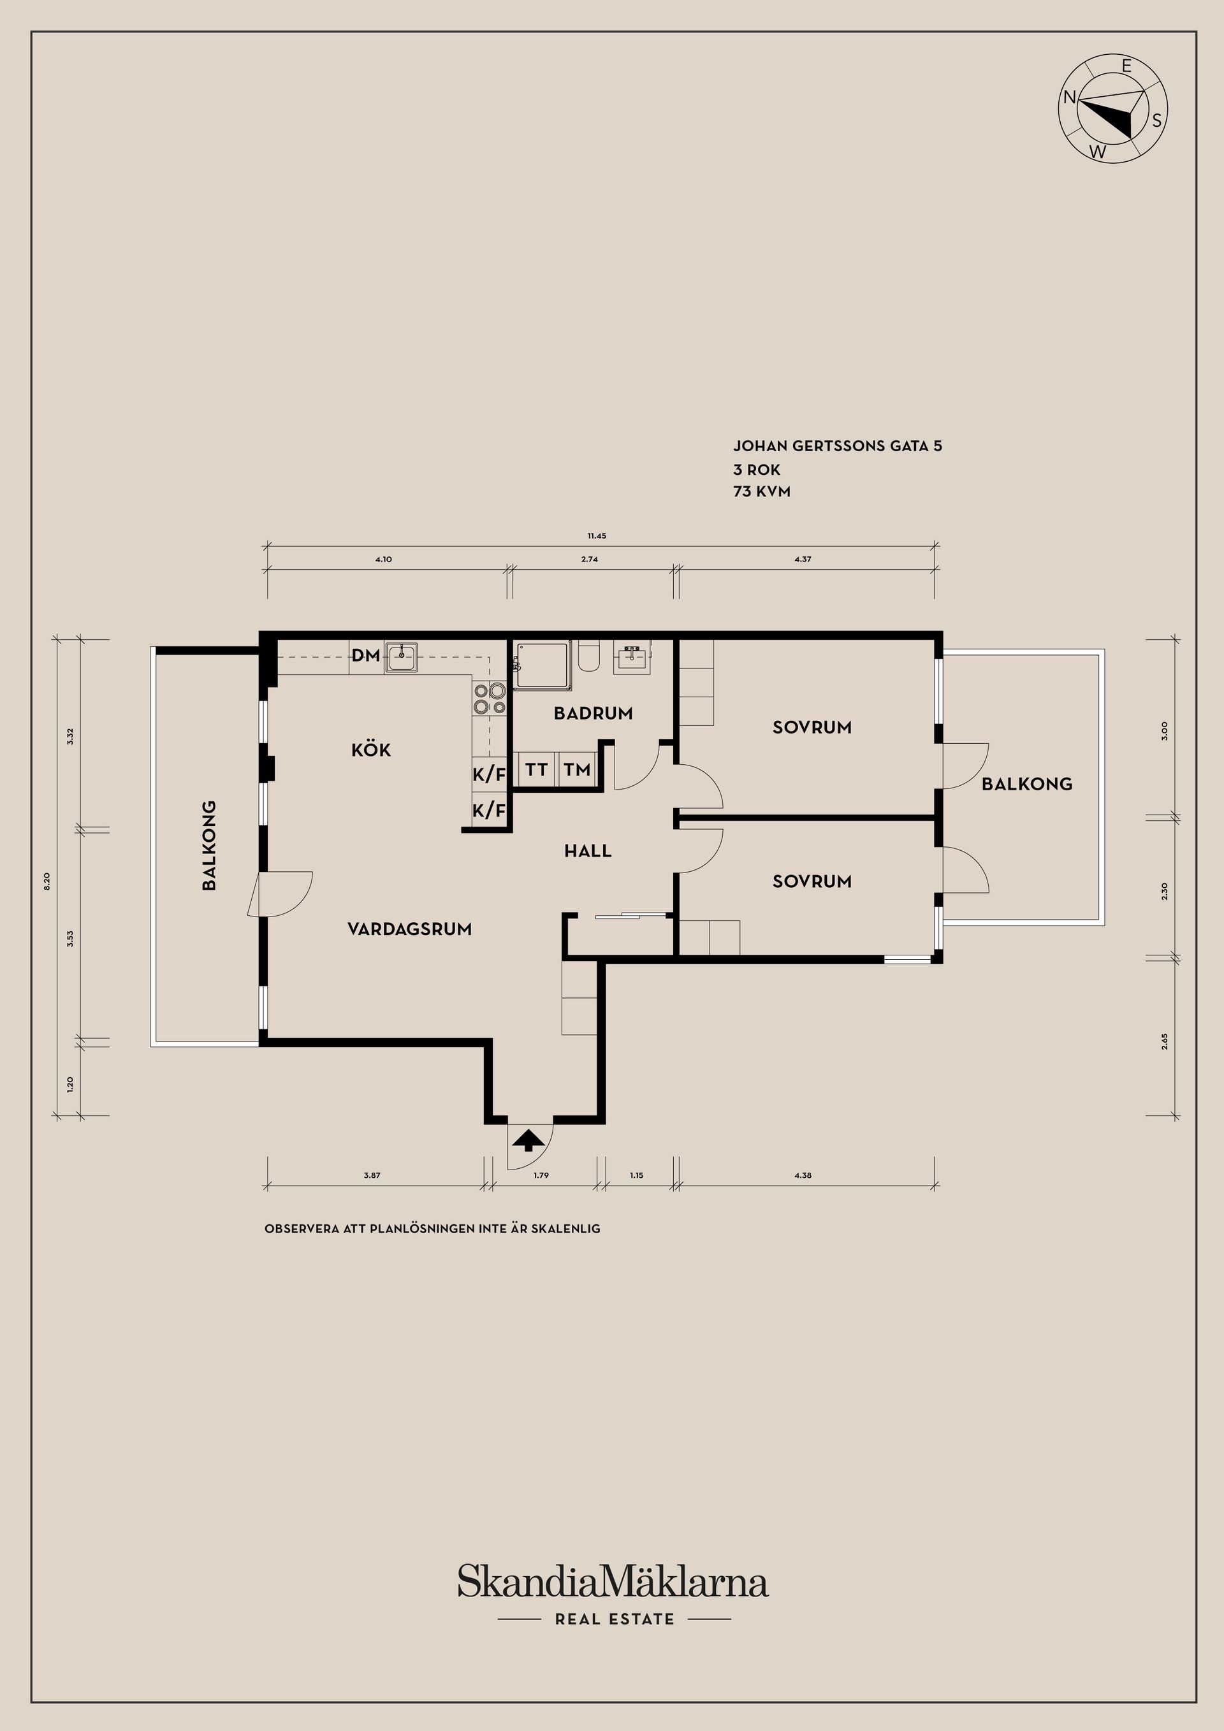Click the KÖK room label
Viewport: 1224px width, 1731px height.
click(x=371, y=750)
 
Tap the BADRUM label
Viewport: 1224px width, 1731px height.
click(x=594, y=713)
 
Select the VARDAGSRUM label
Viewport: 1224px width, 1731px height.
click(x=409, y=929)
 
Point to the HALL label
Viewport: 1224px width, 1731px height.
click(x=588, y=851)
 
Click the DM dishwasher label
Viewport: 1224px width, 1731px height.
click(x=366, y=656)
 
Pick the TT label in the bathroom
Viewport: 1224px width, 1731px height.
click(x=536, y=770)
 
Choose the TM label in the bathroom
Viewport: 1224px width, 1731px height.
click(x=577, y=770)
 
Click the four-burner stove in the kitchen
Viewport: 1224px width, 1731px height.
click(x=490, y=699)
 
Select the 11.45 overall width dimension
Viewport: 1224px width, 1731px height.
click(x=597, y=536)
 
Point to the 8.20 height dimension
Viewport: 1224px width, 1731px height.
click(x=47, y=881)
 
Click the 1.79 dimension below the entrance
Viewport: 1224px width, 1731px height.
click(x=541, y=1175)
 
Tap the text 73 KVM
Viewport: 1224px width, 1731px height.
click(x=762, y=491)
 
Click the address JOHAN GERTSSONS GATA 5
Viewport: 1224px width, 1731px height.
click(x=837, y=445)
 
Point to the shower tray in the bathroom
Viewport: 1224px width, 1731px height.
click(x=543, y=665)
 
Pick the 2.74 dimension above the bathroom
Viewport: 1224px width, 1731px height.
click(x=589, y=560)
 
